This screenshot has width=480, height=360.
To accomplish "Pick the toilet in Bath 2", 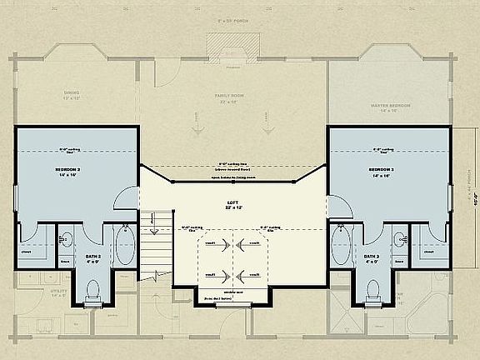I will coord(92,290).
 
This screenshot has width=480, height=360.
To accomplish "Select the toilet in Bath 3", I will coord(372,290).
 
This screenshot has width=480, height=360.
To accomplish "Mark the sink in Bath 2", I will coord(64,240).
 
